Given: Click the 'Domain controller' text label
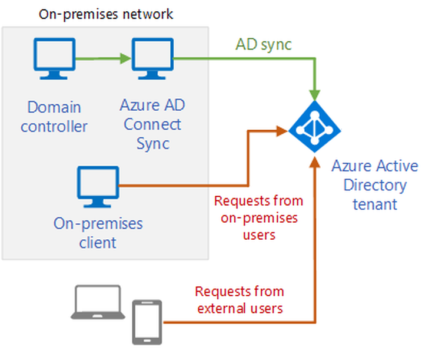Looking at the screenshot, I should click(x=54, y=117).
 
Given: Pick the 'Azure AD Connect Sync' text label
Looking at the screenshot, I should click(x=150, y=124).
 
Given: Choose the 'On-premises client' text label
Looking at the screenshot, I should click(x=98, y=233).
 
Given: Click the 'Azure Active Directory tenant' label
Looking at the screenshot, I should click(x=374, y=185).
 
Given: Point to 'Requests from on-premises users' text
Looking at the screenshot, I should click(x=258, y=217).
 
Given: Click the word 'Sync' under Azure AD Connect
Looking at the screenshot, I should click(x=152, y=143).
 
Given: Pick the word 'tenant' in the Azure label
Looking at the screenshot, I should click(x=375, y=204).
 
